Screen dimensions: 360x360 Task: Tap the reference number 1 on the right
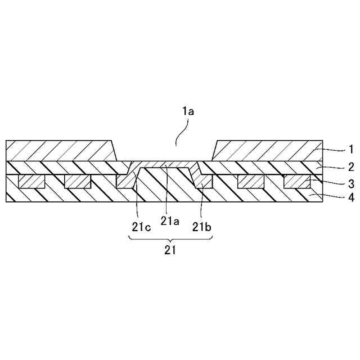coord(349,150)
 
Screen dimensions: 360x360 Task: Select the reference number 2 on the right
coord(349,167)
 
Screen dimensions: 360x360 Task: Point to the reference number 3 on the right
coord(349,183)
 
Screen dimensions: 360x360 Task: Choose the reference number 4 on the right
coord(349,198)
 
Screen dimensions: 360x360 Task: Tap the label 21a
coord(169,222)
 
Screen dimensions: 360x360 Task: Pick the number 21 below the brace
coord(170,251)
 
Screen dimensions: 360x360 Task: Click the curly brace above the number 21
coord(170,239)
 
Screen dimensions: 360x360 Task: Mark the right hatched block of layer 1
coord(267,151)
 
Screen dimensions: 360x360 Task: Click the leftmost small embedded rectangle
coord(32,181)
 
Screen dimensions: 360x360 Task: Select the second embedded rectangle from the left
coord(78,181)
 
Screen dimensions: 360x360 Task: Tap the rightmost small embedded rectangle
coord(297,181)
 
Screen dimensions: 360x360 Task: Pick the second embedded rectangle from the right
coord(251,181)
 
